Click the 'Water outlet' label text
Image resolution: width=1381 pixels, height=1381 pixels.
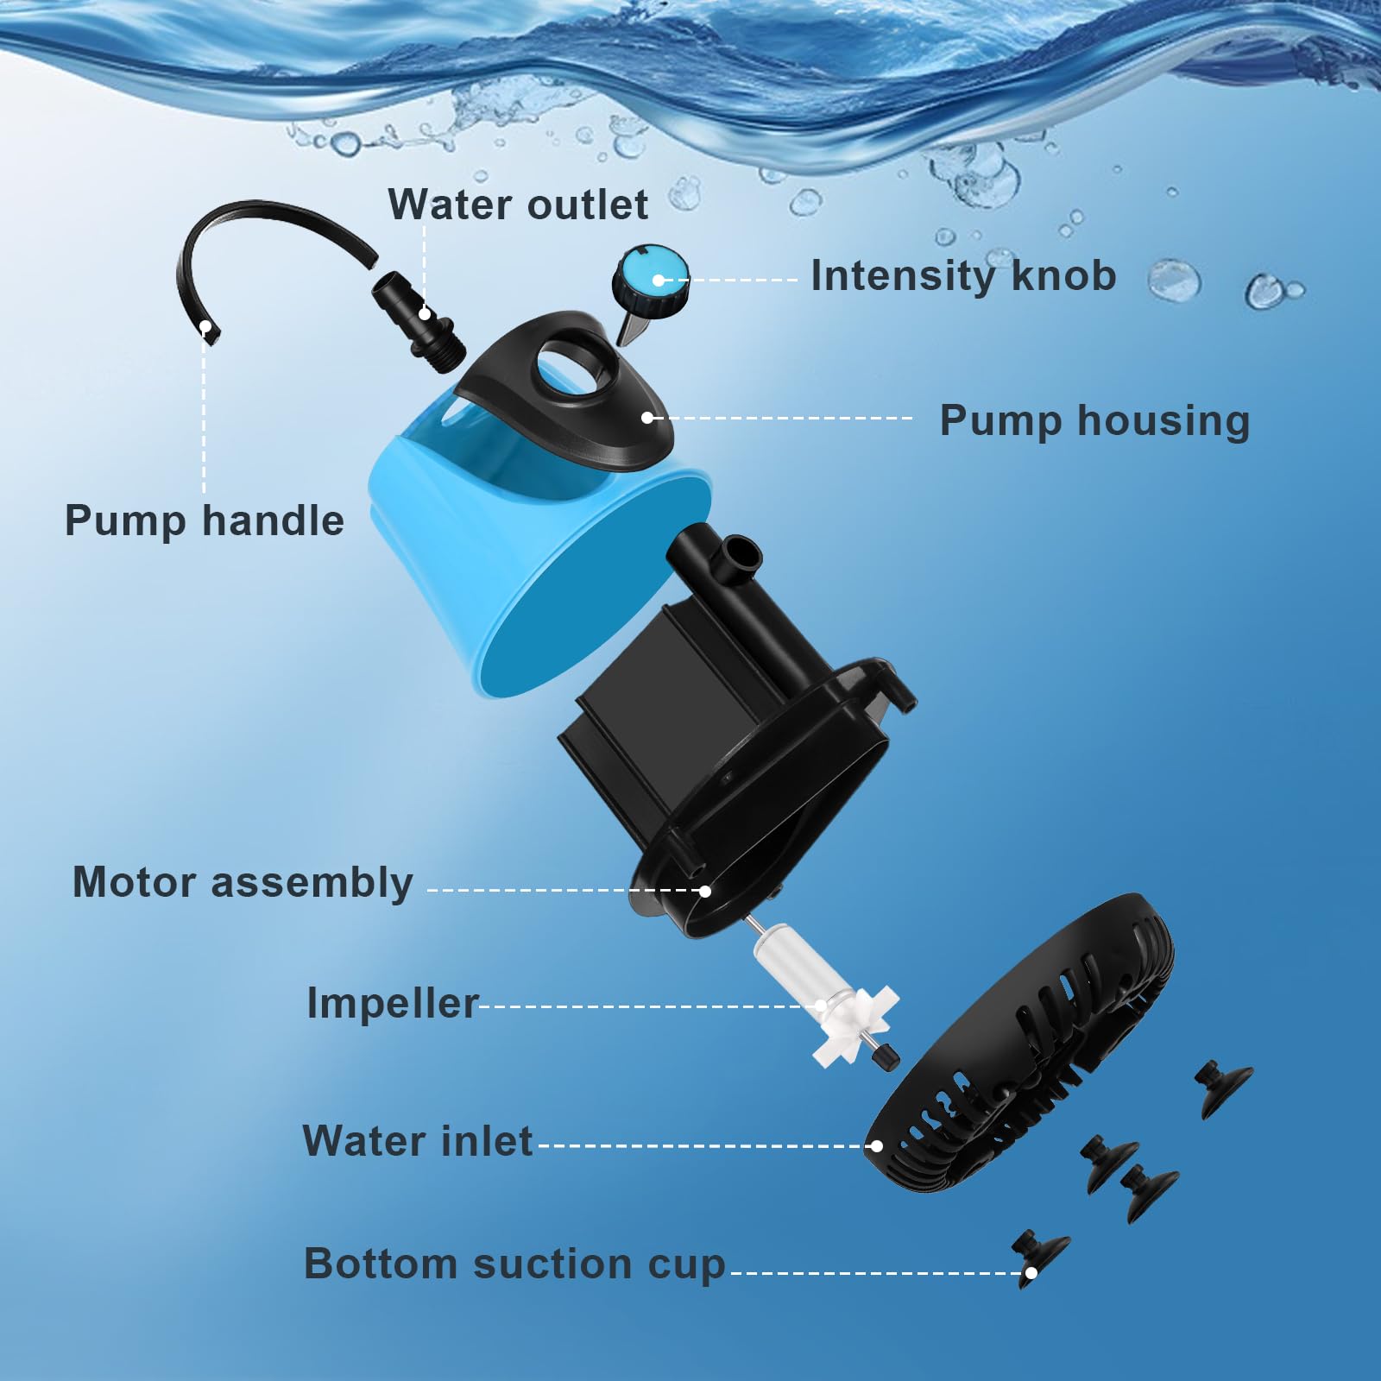(x=518, y=205)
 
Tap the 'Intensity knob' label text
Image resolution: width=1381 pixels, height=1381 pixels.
(x=963, y=276)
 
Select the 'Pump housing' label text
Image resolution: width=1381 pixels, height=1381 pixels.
(x=1094, y=421)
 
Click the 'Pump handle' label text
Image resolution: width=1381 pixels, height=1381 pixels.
(x=205, y=521)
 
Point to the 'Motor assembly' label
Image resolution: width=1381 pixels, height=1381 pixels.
(x=243, y=883)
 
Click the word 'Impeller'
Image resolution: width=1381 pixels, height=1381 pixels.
(x=393, y=1004)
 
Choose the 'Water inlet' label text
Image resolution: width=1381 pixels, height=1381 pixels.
(x=418, y=1141)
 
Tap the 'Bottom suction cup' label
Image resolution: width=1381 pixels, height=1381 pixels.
(x=514, y=1264)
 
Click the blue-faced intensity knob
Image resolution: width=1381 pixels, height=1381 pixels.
(x=653, y=278)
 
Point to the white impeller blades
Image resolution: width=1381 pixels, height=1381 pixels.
(x=850, y=1027)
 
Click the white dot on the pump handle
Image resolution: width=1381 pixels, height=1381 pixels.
(x=205, y=326)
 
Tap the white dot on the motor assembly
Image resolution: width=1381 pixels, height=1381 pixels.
(x=705, y=891)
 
